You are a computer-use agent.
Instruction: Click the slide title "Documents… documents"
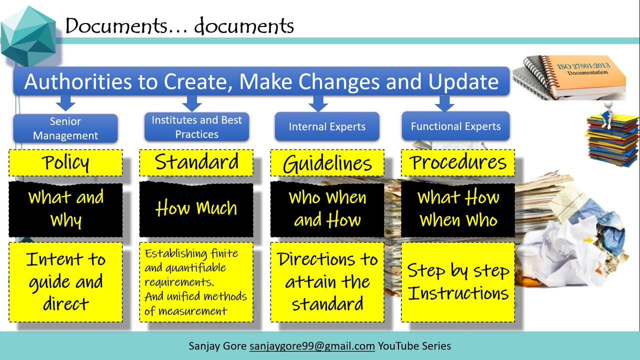point(179,25)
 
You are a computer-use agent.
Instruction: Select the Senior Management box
point(65,128)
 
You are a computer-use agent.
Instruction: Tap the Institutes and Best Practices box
point(196,127)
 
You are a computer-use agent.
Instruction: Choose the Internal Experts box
point(327,126)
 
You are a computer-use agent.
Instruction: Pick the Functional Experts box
point(455,126)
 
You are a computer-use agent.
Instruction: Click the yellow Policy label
point(65,163)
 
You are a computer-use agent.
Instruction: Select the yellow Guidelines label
point(327,163)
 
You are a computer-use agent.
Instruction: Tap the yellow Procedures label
point(458,163)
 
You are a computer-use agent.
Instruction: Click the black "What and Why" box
point(65,209)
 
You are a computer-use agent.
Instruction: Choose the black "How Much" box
point(196,208)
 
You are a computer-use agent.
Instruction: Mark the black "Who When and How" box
point(327,209)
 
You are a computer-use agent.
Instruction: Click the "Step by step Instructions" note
point(458,282)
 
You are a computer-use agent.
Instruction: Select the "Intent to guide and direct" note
point(65,282)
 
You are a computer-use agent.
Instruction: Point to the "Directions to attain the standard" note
point(327,282)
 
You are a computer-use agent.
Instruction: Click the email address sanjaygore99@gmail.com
point(312,346)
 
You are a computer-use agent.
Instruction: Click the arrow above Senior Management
point(65,103)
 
